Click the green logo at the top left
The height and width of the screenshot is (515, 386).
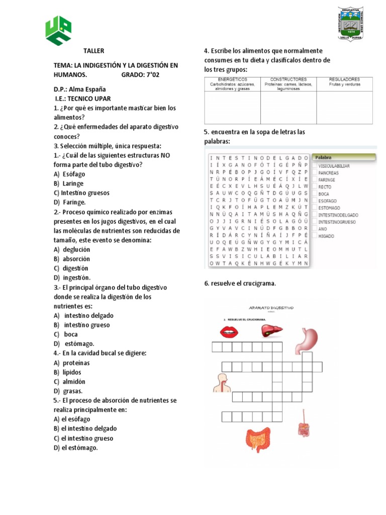(59, 30)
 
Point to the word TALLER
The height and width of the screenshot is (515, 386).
(93, 51)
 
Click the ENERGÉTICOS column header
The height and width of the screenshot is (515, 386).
(232, 79)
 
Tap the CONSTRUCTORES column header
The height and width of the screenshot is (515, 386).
(288, 79)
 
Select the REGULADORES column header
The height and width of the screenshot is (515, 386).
(344, 79)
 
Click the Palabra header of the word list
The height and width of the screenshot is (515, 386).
(324, 157)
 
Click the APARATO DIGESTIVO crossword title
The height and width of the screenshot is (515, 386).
(271, 307)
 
